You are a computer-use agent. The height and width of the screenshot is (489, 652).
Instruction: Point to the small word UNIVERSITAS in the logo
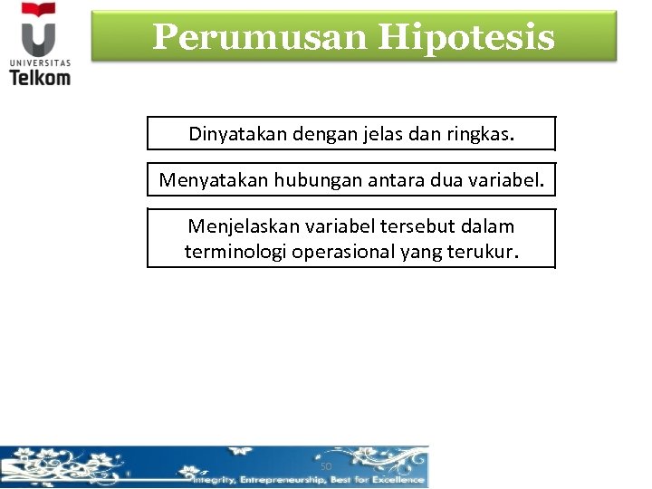coord(39,62)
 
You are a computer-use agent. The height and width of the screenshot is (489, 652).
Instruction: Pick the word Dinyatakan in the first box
coord(235,134)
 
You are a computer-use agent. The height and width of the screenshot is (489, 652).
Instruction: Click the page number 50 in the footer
coord(326,466)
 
